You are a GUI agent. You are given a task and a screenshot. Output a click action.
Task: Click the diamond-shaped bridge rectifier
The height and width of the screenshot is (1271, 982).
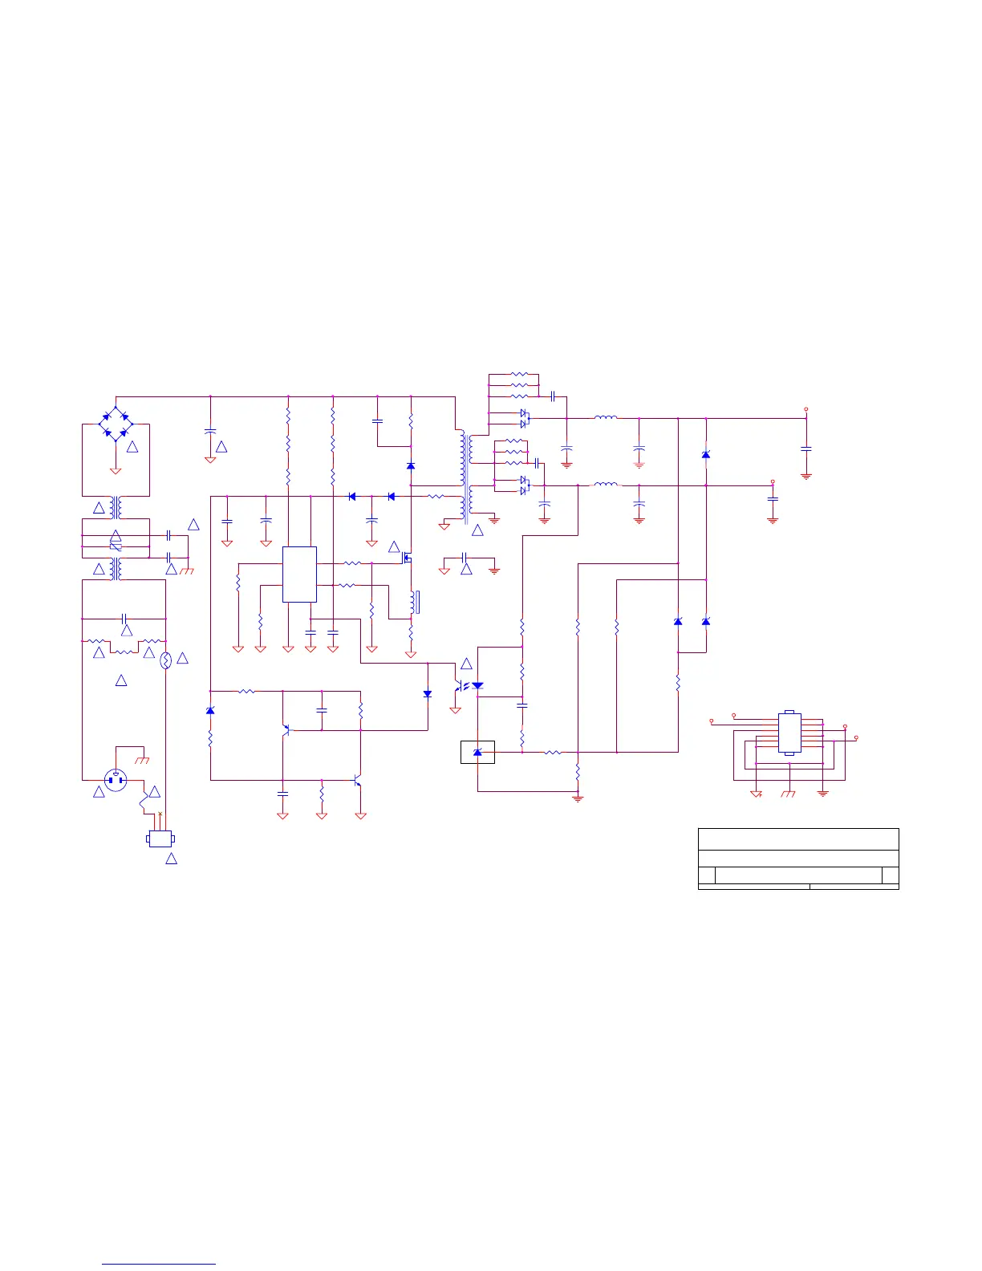(x=116, y=423)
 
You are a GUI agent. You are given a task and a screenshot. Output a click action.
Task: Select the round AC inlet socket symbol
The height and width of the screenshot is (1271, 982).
(x=116, y=779)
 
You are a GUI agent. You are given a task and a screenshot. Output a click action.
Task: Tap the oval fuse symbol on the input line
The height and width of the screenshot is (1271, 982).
(x=167, y=660)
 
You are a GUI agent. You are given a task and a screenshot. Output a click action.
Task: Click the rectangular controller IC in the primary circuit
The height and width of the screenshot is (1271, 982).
(x=299, y=574)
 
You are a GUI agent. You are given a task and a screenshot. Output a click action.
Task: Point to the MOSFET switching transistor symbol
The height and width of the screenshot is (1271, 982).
(x=407, y=556)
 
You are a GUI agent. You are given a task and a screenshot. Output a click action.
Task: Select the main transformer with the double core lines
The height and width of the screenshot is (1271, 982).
(x=465, y=477)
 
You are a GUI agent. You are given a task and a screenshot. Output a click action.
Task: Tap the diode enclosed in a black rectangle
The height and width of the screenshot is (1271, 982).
(x=477, y=752)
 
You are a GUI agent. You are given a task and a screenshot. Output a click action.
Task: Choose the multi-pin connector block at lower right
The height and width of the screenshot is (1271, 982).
(x=789, y=733)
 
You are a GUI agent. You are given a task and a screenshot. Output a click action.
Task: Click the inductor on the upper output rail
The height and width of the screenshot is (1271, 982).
(x=605, y=417)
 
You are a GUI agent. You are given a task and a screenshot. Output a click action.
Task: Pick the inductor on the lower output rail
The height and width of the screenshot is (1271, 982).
(x=605, y=485)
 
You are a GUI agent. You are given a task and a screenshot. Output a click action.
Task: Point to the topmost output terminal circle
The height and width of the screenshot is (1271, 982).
(x=806, y=409)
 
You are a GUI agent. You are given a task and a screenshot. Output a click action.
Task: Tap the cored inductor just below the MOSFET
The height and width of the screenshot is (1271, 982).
(x=414, y=602)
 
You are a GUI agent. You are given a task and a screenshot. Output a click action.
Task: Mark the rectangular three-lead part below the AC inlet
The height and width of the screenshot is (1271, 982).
(x=160, y=839)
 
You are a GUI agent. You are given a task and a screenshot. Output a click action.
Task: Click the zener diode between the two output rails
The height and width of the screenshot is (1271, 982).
(x=705, y=455)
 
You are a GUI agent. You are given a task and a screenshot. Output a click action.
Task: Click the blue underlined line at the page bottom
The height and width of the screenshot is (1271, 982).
(x=160, y=1264)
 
